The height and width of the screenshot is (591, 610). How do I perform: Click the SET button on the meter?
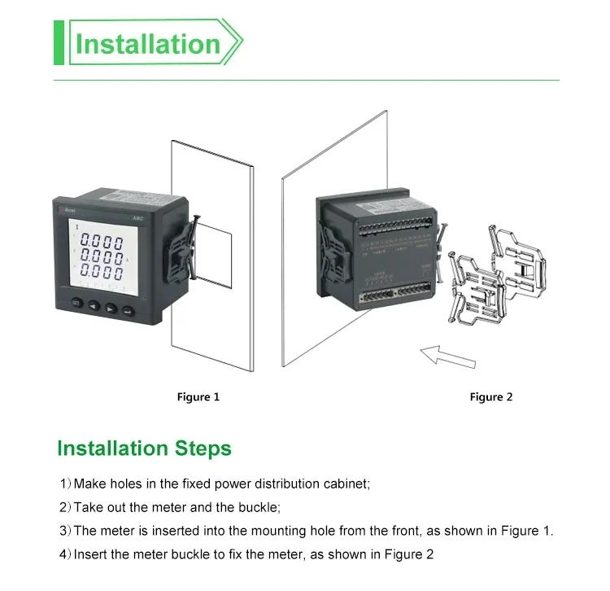(76, 303)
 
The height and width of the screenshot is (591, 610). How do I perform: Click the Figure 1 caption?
(198, 397)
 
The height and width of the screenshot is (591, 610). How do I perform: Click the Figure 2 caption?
(491, 397)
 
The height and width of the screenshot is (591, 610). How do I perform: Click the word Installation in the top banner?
(147, 44)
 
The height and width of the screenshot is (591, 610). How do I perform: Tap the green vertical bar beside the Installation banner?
(59, 44)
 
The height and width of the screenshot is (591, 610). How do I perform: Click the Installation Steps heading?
(144, 449)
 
